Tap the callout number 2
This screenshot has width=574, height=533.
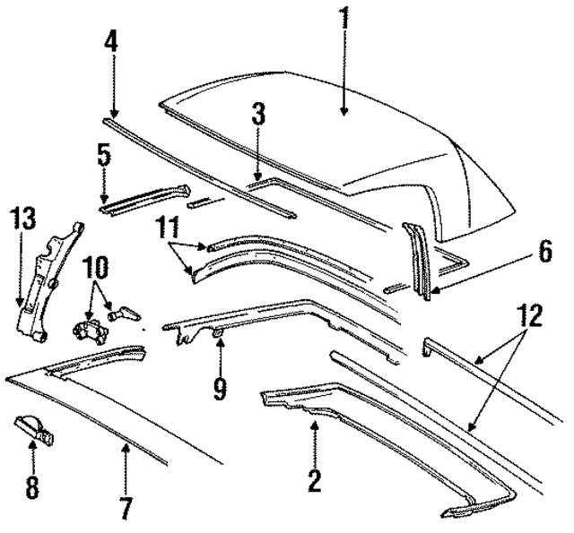pos(314,480)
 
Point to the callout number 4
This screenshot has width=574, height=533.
pos(112,43)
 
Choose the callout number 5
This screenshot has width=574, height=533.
pos(104,157)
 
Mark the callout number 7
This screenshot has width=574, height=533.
pos(126,510)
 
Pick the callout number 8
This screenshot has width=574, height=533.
pos(33,486)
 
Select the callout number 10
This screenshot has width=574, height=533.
pos(97,267)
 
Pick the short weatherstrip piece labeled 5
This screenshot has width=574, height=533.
pos(143,199)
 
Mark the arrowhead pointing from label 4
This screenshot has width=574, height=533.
pos(112,112)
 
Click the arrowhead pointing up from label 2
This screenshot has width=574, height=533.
pos(314,423)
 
